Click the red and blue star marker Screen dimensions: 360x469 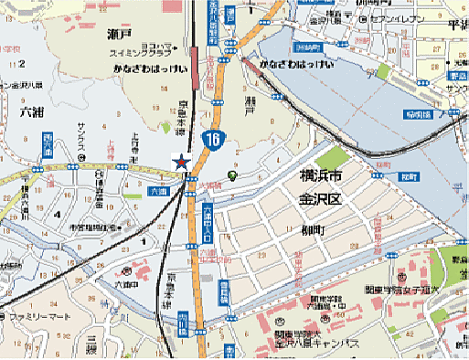click(182, 163)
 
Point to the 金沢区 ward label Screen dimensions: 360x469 click(323, 197)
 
